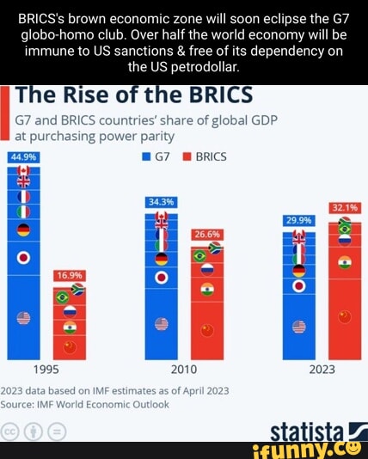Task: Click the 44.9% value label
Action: (23, 157)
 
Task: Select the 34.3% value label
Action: (161, 202)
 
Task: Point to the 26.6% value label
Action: (206, 234)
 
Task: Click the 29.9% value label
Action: (298, 220)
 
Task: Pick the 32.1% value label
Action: (344, 207)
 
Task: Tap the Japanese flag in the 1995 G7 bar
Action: (23, 258)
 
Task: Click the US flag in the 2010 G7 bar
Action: (161, 324)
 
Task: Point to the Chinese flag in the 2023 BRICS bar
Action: (345, 317)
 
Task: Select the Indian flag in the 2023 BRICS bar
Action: (345, 262)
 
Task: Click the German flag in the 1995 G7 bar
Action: (23, 229)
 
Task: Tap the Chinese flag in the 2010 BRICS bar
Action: (206, 330)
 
